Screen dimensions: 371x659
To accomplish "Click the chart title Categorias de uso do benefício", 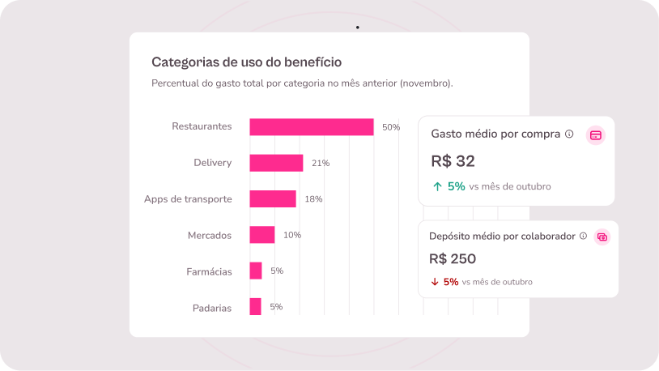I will [246, 62].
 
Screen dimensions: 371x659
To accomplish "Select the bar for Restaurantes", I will [312, 127].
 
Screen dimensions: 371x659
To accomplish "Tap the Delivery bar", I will [276, 163].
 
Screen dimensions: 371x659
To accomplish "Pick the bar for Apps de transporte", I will [273, 199].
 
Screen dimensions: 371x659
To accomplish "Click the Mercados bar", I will [262, 235].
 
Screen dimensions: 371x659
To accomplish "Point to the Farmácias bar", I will [256, 271].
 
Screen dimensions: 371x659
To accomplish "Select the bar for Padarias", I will [256, 307].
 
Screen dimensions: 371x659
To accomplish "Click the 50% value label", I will [391, 127].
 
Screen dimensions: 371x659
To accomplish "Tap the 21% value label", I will [321, 163].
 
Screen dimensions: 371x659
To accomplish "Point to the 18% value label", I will [313, 199].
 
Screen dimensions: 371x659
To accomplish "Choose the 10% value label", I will [292, 235].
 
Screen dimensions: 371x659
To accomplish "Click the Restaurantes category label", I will [202, 126].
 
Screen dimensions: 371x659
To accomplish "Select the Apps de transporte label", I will [188, 199].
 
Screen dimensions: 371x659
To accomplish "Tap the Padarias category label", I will [212, 308].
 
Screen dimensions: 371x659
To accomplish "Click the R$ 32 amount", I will [453, 160].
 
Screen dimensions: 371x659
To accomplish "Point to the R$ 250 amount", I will [453, 259].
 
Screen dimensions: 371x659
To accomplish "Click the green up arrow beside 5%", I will [437, 186].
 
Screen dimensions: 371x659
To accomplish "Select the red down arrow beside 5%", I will [435, 282].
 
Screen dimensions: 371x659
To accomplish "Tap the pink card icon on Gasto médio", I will [596, 135].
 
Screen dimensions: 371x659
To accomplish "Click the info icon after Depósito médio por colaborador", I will [583, 236].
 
